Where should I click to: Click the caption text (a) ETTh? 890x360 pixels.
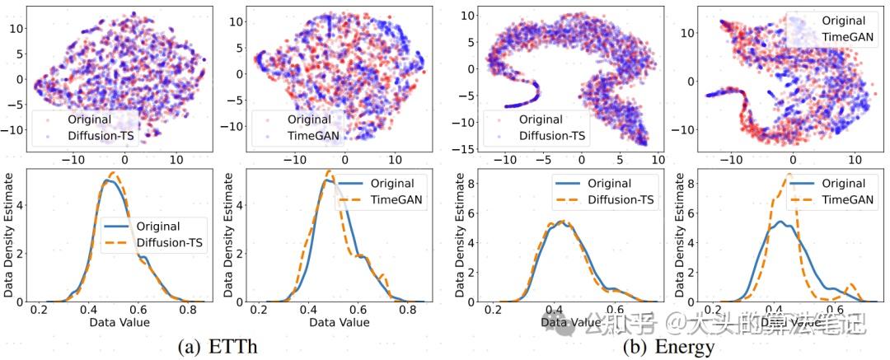(217, 346)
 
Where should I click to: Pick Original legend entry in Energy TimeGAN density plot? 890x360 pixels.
(836, 183)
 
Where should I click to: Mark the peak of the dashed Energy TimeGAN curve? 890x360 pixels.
(790, 175)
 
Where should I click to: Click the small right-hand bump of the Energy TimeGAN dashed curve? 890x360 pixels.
(851, 285)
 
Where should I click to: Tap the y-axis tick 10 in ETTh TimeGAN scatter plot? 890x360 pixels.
(238, 20)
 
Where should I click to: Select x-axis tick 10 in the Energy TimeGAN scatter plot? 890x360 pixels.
(854, 160)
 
